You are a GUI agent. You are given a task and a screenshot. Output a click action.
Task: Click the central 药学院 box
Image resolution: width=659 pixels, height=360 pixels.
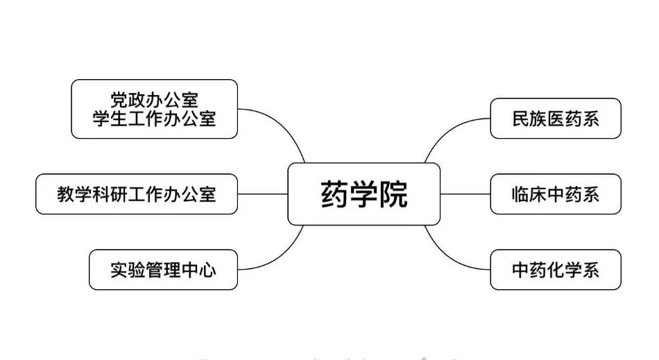point(363,194)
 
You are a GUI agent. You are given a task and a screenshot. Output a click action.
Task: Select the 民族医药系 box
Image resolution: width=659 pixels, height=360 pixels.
point(555,119)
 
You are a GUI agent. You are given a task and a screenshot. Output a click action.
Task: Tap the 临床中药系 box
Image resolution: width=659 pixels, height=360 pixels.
point(555,194)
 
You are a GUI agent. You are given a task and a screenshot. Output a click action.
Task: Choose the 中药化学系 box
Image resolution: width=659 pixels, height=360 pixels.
point(555,270)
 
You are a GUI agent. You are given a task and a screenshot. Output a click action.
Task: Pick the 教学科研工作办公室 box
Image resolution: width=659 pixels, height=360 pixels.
point(137,194)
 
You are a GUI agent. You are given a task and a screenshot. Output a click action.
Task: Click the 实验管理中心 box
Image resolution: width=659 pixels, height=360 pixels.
point(163,270)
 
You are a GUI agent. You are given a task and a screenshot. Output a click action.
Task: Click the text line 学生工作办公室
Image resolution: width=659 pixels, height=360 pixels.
point(154,119)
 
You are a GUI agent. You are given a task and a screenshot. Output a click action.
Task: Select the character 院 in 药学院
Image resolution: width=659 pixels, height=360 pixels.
point(393,194)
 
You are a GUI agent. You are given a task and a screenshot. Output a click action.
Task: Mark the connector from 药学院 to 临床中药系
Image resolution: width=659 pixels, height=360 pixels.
point(465,194)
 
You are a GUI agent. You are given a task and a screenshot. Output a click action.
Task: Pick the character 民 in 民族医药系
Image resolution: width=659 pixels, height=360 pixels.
point(520,119)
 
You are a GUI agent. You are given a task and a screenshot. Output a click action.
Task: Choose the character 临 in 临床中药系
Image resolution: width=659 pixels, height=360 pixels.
point(520,194)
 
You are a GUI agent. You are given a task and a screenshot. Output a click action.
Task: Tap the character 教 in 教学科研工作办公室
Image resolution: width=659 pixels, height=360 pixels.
point(66,194)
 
